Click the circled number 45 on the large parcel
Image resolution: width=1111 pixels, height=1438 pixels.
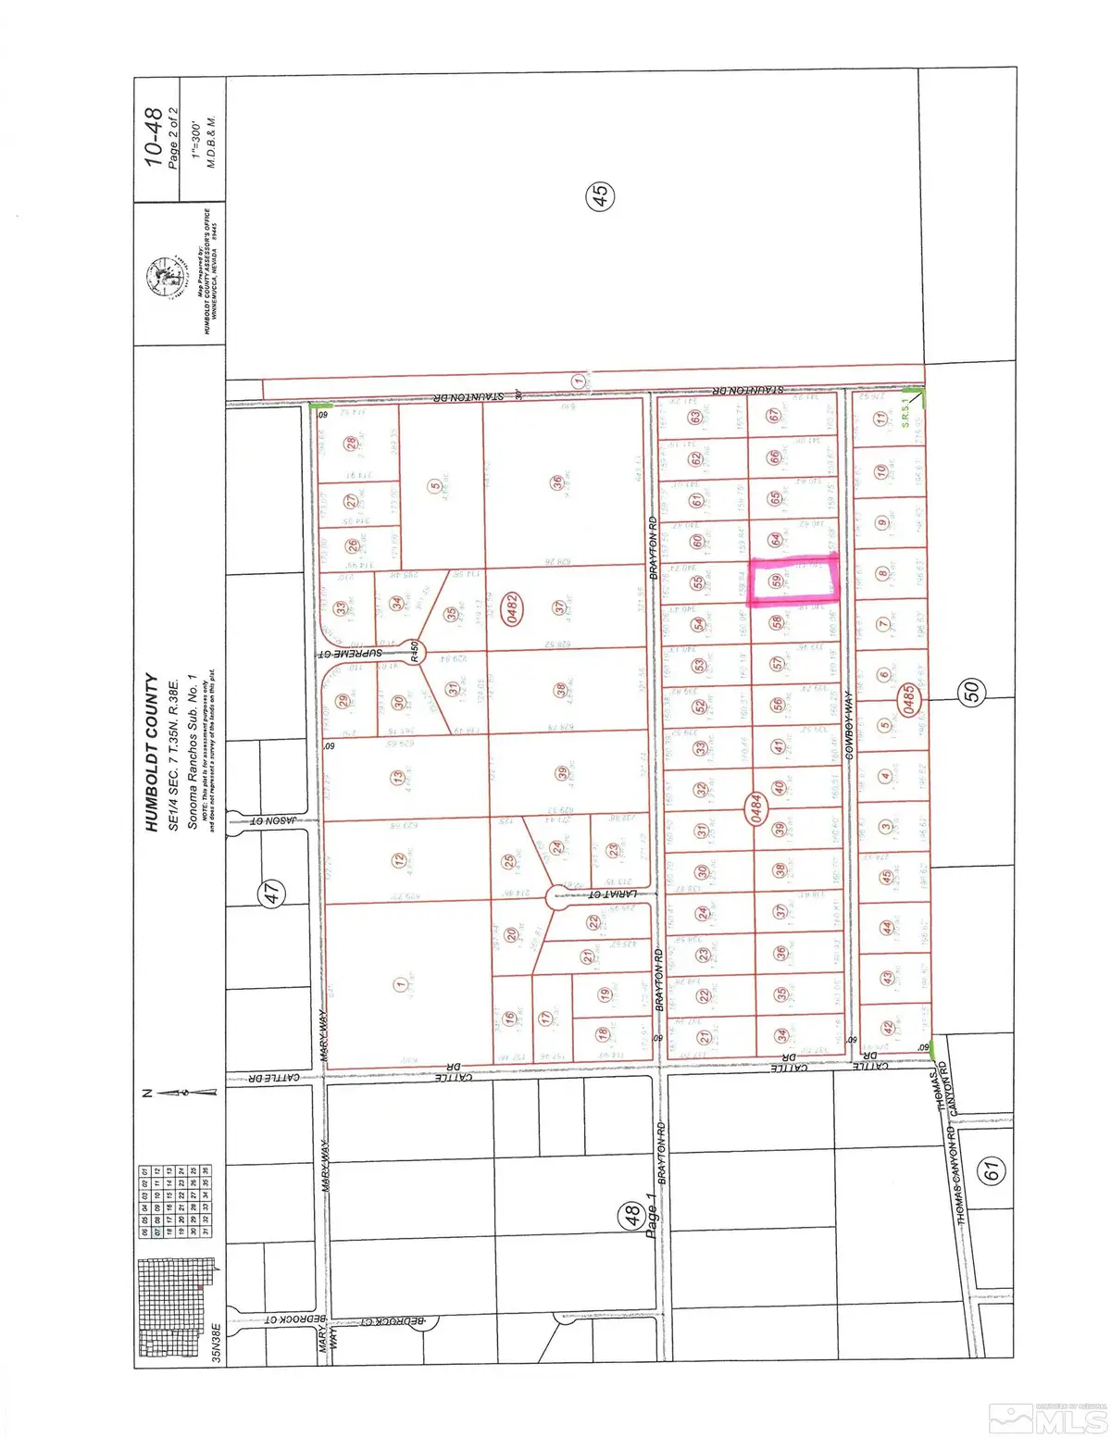(600, 195)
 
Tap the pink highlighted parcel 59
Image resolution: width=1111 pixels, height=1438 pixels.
(793, 581)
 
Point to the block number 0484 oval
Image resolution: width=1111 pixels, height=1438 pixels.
(756, 807)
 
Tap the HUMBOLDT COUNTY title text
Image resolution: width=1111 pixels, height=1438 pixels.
(152, 752)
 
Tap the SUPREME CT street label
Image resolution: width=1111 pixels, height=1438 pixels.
(352, 653)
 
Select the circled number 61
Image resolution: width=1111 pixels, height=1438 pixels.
(992, 1170)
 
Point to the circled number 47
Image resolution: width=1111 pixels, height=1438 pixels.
(270, 893)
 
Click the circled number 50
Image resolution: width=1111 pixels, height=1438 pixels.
(971, 690)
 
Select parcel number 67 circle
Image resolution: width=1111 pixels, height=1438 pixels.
(774, 416)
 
